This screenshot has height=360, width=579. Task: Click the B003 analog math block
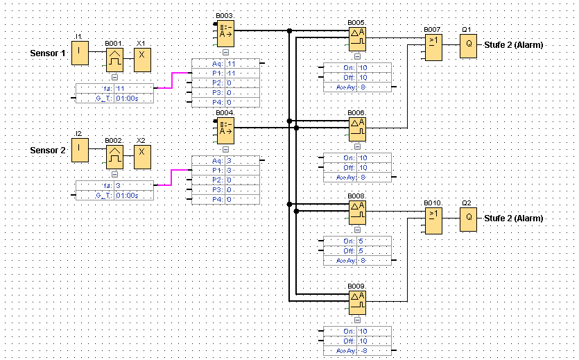tap(225, 32)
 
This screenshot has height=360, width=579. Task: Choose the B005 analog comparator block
tap(357, 40)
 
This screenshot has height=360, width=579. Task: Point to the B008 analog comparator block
tap(357, 212)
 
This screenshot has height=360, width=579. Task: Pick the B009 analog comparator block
tap(357, 302)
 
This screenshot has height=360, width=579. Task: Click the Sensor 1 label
tap(48, 53)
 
